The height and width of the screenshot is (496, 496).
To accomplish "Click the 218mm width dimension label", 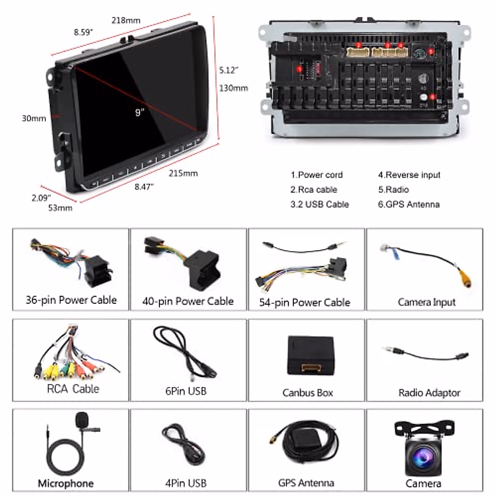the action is point(126,20).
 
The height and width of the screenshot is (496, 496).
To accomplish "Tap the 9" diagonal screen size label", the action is point(140,112).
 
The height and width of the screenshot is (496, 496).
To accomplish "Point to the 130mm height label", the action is point(234,88).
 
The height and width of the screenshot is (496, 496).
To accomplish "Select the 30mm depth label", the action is point(34,119).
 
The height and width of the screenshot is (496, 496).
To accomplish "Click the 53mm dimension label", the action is point(60,208).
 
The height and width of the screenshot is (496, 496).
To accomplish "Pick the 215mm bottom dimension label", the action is point(183,173).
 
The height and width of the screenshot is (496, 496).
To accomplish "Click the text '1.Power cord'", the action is point(317,175).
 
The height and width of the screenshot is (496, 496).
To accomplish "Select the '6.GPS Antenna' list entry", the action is point(408,204).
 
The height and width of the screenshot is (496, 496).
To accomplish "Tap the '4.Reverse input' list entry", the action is point(409,175).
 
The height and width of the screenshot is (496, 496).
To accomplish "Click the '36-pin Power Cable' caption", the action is point(71,300).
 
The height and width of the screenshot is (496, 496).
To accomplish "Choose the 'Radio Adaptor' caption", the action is point(429,393).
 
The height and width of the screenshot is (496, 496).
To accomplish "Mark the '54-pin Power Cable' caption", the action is point(305,303).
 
